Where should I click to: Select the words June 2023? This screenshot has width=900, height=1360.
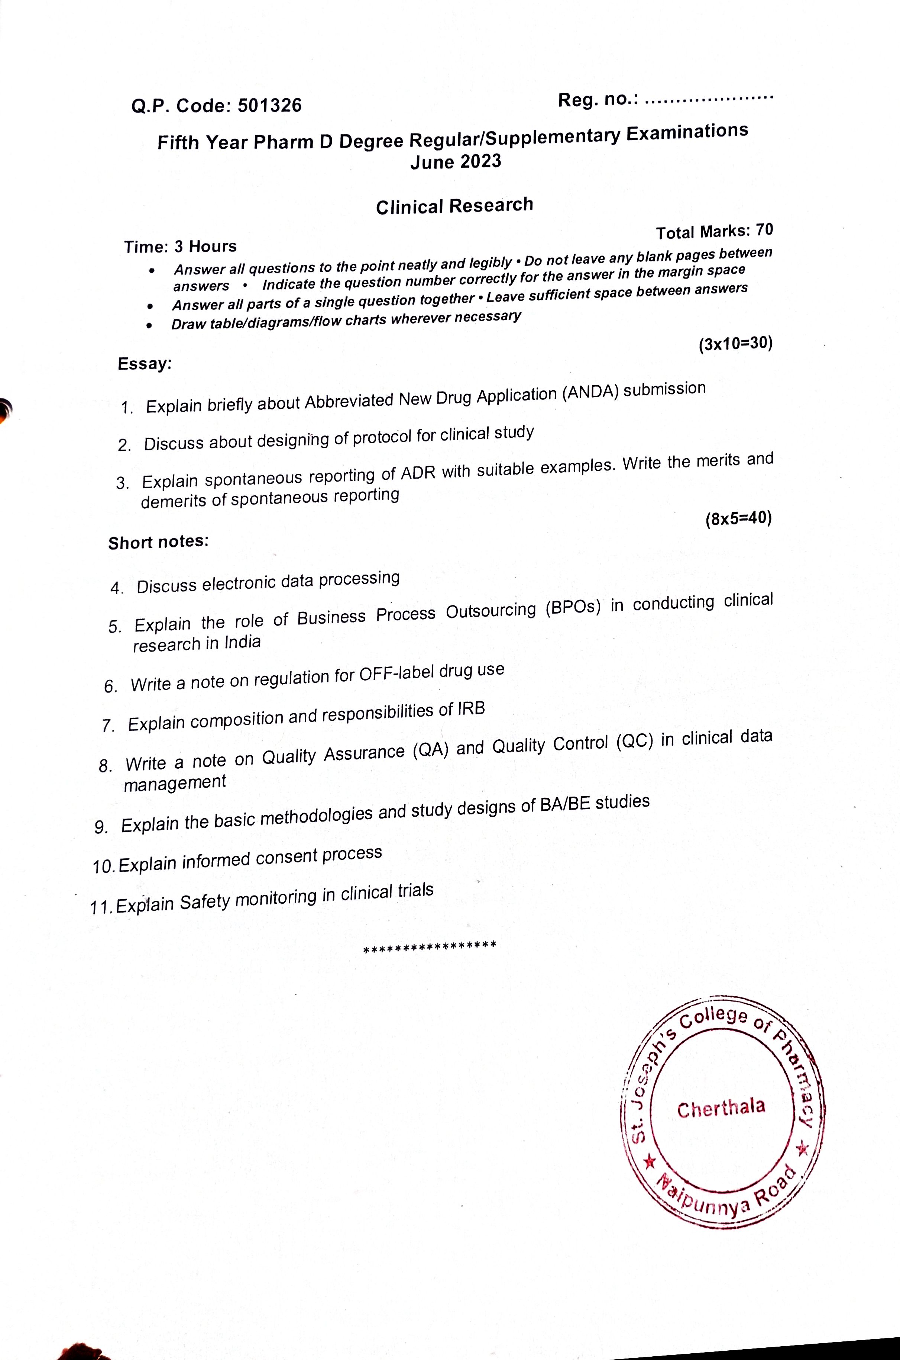(456, 161)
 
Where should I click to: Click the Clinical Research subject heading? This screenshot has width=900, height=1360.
(454, 206)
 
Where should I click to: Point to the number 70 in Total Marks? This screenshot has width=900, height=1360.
(764, 230)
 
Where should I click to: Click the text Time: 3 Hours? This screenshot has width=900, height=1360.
(180, 247)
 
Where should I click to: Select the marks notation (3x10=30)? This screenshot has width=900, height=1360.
(735, 344)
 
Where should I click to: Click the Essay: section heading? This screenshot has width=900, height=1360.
(145, 364)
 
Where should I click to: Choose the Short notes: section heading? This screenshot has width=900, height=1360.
(158, 541)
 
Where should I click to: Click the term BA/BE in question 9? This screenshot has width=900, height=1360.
(565, 805)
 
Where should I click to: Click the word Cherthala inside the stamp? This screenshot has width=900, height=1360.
(721, 1107)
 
